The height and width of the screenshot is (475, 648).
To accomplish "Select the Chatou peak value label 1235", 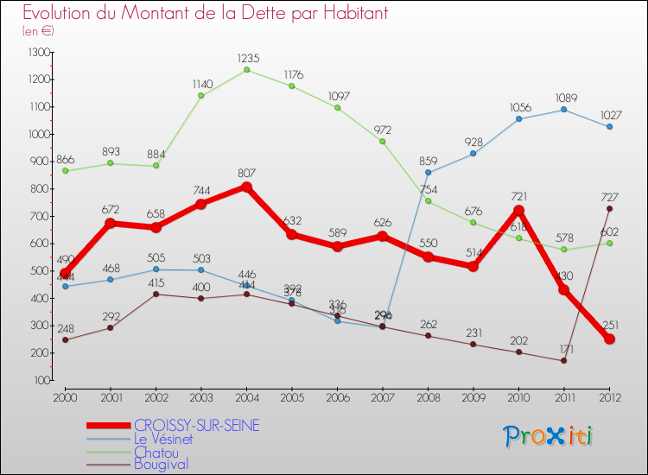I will coord(247,58).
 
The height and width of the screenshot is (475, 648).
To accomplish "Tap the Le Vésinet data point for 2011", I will coord(564,110).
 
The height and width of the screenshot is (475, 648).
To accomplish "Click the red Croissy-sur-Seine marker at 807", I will coord(247,187).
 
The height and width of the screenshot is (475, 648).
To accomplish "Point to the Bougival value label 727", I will coord(610,197).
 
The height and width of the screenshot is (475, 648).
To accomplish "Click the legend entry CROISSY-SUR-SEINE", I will coord(197,426).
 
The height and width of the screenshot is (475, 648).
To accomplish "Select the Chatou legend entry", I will coord(156,452).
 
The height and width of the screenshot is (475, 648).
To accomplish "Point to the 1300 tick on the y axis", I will coord(40,53).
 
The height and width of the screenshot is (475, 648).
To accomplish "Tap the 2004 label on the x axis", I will coord(247,397).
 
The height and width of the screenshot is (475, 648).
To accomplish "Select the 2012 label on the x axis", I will coord(610,397).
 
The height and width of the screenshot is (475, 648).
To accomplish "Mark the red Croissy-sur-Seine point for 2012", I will coord(610,339).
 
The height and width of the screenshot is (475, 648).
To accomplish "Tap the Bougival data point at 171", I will coord(564,360).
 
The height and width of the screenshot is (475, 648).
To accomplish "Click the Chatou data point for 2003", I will coord(201,95).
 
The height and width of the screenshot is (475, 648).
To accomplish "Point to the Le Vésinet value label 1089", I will coord(564,98).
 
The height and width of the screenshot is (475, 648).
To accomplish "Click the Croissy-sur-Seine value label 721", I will coord(519,197).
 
